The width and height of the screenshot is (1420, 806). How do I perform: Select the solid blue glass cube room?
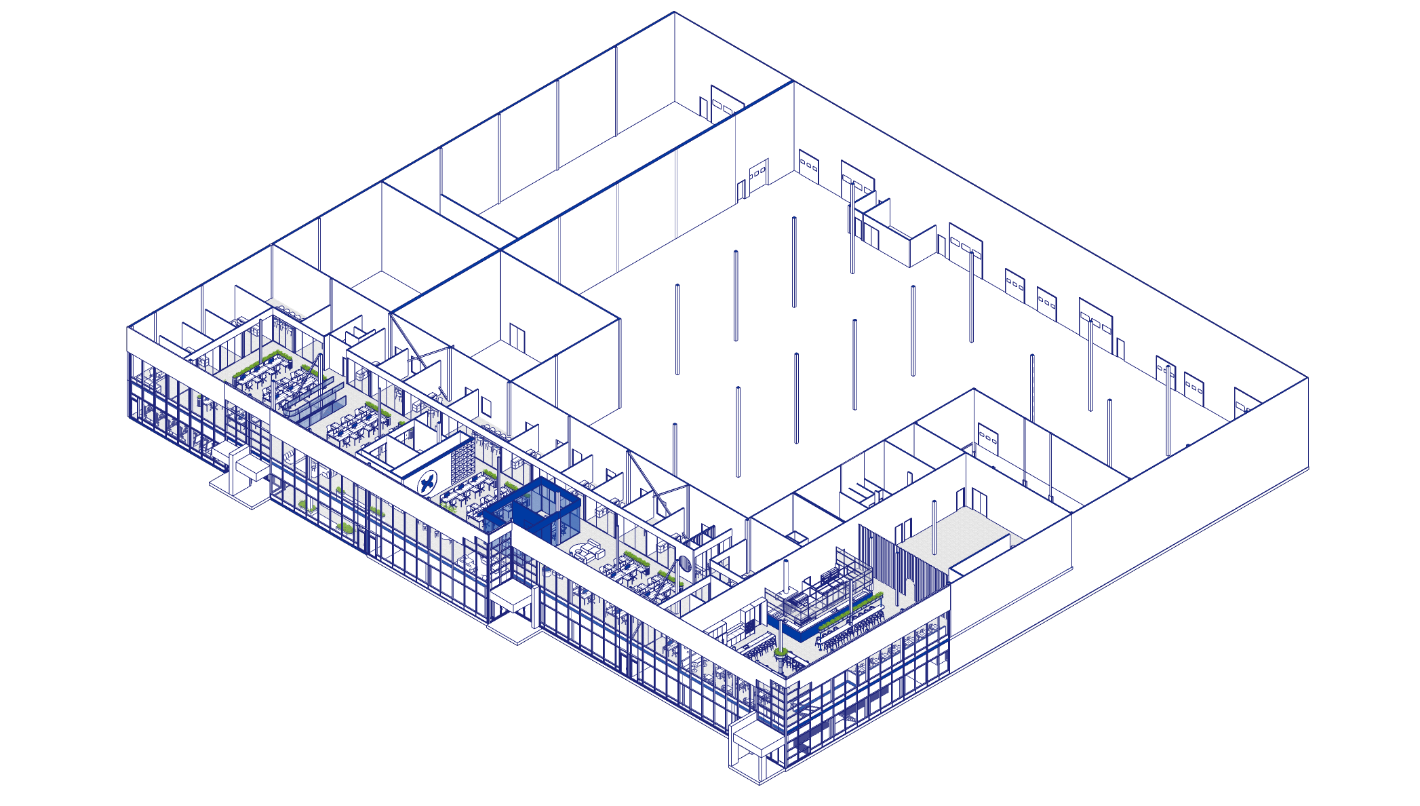(532, 509)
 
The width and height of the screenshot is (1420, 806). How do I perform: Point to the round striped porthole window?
(685, 562)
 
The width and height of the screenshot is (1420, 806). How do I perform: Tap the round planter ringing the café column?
(781, 653)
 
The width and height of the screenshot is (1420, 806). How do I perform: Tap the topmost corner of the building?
(674, 12)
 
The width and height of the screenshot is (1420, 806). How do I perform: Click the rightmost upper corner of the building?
(1307, 378)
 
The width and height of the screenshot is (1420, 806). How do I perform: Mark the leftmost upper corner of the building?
(127, 327)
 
